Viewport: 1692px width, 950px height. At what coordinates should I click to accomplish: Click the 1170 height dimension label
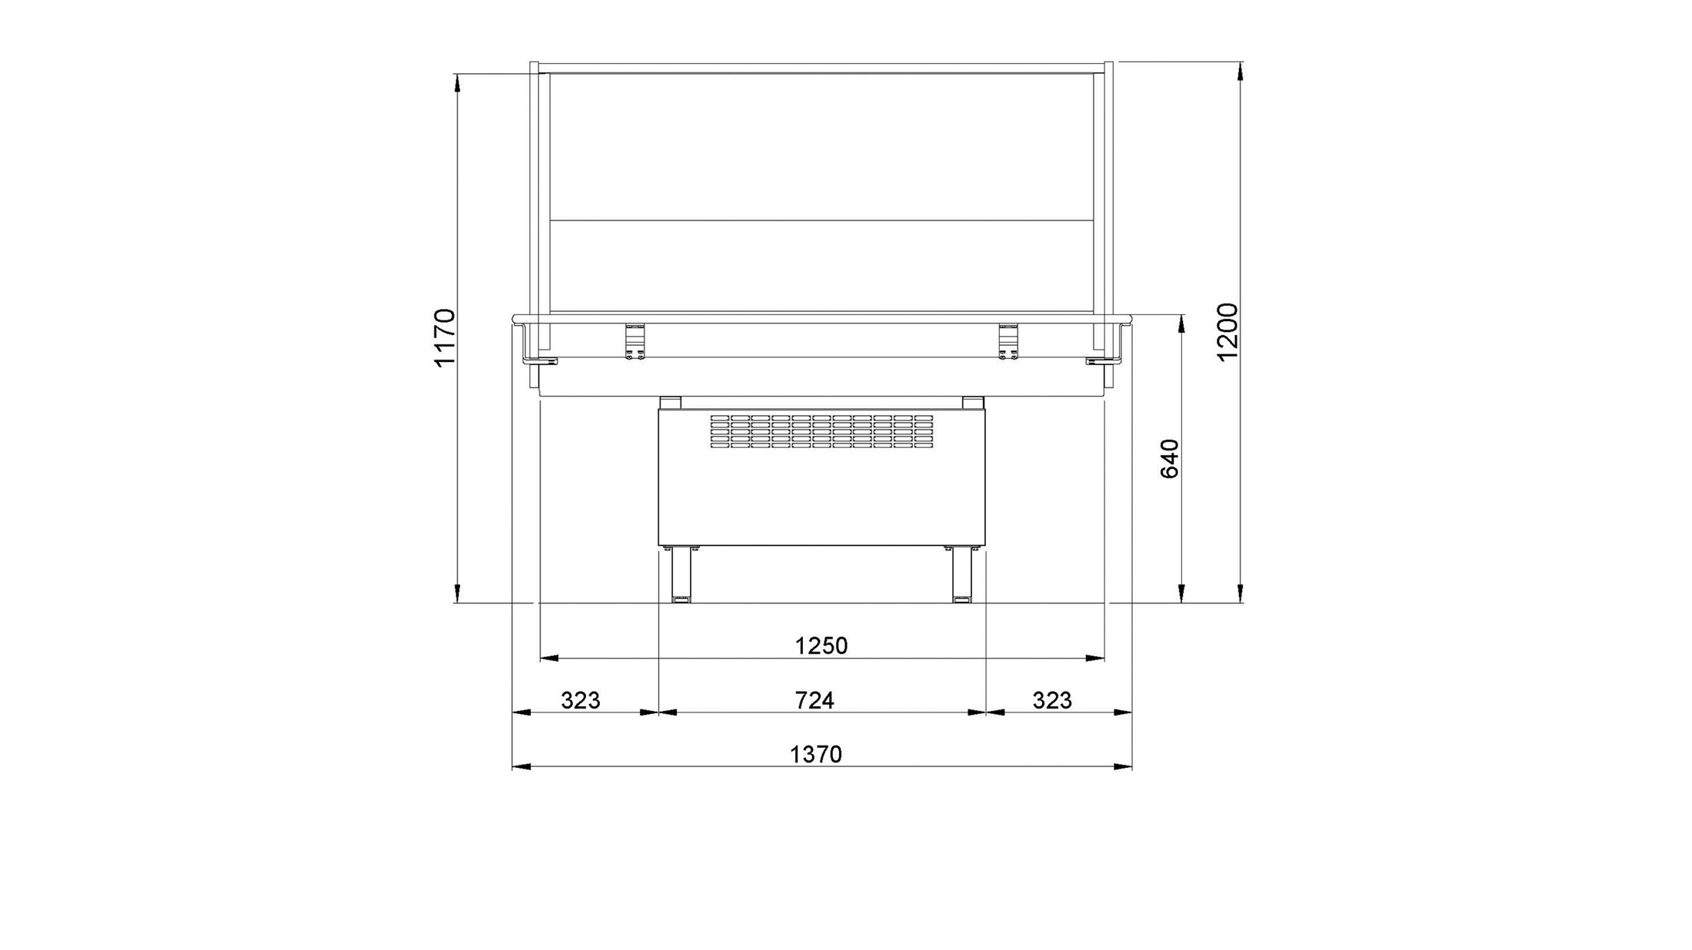coord(445,337)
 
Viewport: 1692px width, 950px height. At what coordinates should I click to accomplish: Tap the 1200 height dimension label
coord(1227,331)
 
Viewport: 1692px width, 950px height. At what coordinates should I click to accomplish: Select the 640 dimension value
coord(1169,458)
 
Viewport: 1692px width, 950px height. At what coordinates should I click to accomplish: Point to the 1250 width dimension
coord(821,646)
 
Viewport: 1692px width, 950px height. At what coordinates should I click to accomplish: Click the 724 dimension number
coord(814,700)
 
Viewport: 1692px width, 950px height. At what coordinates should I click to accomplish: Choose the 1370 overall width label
coord(817,755)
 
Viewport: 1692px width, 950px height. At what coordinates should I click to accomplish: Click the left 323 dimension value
coord(581,700)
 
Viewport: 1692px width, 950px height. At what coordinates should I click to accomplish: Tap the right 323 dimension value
coord(1052,700)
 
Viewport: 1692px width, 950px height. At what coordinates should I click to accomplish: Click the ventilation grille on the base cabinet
coord(821,431)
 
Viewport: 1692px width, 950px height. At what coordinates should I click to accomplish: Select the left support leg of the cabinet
coord(681,574)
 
